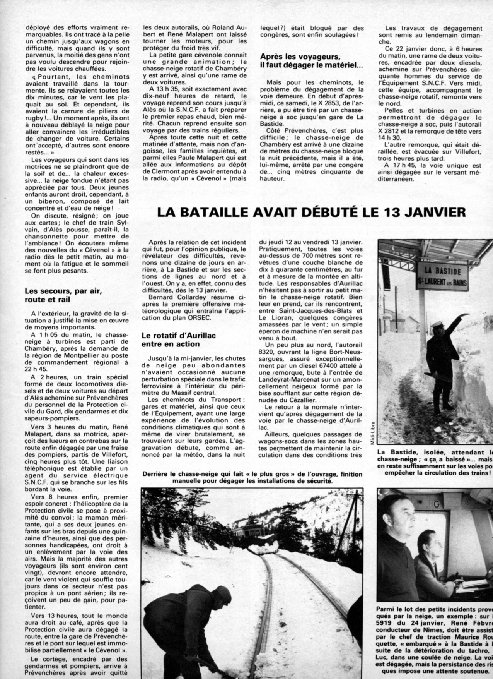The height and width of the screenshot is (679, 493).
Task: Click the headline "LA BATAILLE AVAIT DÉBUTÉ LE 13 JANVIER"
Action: [311, 213]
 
